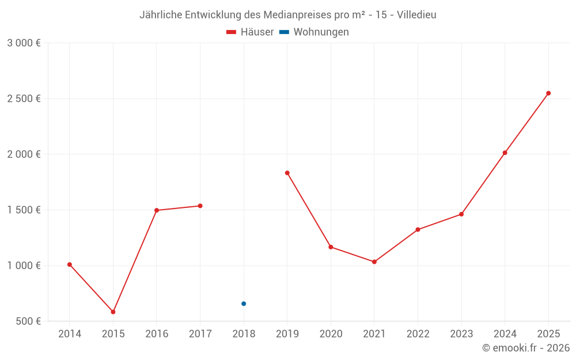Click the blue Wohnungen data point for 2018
coord(244,304)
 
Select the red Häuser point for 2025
coord(548,93)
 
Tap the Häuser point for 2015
coord(113,312)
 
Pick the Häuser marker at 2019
coord(287,173)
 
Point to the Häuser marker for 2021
coord(374,262)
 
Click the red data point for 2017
coord(200,206)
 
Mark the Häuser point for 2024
coord(505,153)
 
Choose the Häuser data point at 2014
coord(70,264)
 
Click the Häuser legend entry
coord(250,32)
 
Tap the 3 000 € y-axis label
coord(24,43)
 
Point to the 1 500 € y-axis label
coord(24,210)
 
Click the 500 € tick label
coord(28,321)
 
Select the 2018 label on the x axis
coord(244,334)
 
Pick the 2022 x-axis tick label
coord(418,334)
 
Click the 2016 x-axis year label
coord(157,334)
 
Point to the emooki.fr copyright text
coord(526,348)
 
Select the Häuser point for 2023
coord(461,214)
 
